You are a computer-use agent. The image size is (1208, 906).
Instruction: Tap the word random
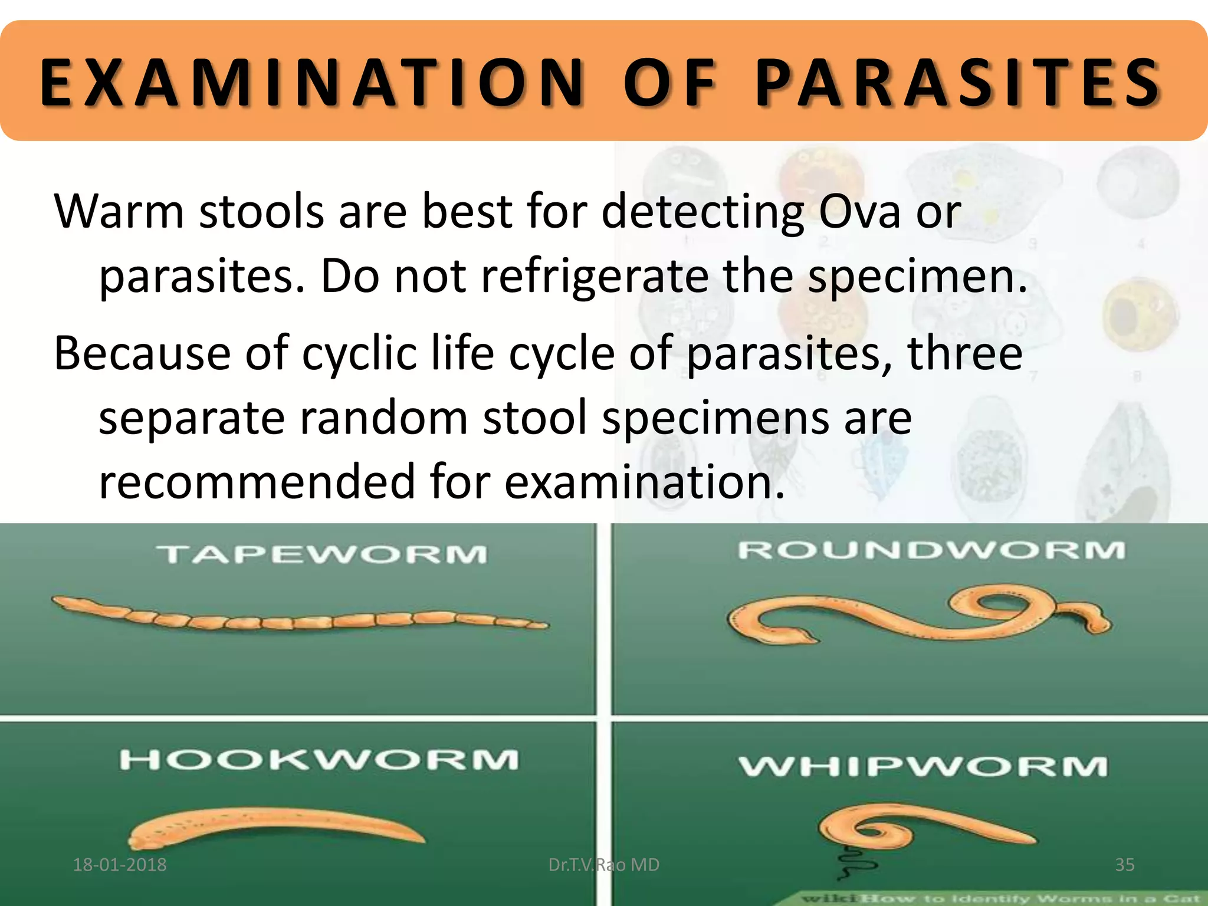[x=383, y=418]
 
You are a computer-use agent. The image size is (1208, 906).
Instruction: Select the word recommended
[x=257, y=481]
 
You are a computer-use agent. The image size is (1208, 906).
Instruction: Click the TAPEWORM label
[x=322, y=554]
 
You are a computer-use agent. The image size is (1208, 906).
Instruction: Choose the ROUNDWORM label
[x=932, y=550]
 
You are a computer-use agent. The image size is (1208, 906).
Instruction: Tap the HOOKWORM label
[x=319, y=760]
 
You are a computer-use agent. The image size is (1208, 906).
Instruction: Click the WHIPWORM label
[x=923, y=767]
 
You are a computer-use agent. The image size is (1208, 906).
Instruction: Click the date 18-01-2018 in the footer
[x=120, y=865]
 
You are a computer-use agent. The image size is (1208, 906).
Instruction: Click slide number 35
[x=1125, y=865]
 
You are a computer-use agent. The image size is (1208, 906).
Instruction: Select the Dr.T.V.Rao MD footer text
[x=603, y=865]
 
